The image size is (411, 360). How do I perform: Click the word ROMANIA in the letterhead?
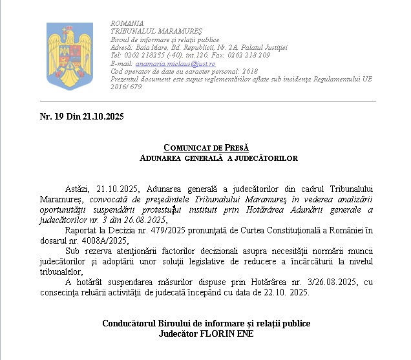(x=127, y=23)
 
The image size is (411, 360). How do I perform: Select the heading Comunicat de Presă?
(x=206, y=148)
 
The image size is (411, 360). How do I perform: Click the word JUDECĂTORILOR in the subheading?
(x=264, y=158)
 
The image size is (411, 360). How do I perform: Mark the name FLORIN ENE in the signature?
(x=228, y=334)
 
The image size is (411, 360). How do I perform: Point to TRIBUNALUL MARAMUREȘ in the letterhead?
(x=147, y=31)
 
